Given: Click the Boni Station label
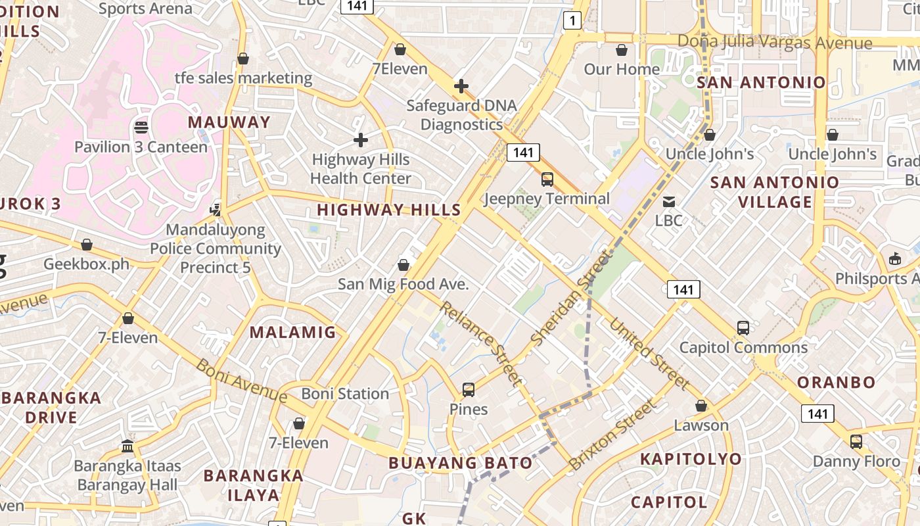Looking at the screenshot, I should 345,394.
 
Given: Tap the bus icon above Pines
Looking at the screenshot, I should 469,389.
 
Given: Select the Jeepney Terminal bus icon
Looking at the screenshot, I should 547,179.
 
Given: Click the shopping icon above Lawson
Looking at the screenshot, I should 701,406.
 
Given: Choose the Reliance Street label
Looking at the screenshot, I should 482,343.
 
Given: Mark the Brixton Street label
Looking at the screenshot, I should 612,435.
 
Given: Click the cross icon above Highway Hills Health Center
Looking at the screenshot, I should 361,140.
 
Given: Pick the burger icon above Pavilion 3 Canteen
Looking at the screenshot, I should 141,127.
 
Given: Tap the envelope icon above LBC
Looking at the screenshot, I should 669,201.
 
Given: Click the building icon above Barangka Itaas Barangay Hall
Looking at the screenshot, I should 127,446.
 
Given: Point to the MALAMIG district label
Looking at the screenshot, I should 292,332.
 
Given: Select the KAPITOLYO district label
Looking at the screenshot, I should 691,459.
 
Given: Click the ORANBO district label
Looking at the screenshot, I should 836,382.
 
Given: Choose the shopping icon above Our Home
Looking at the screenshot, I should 622,50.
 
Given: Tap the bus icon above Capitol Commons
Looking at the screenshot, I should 743,327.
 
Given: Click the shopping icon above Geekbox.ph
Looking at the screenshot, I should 87,245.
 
